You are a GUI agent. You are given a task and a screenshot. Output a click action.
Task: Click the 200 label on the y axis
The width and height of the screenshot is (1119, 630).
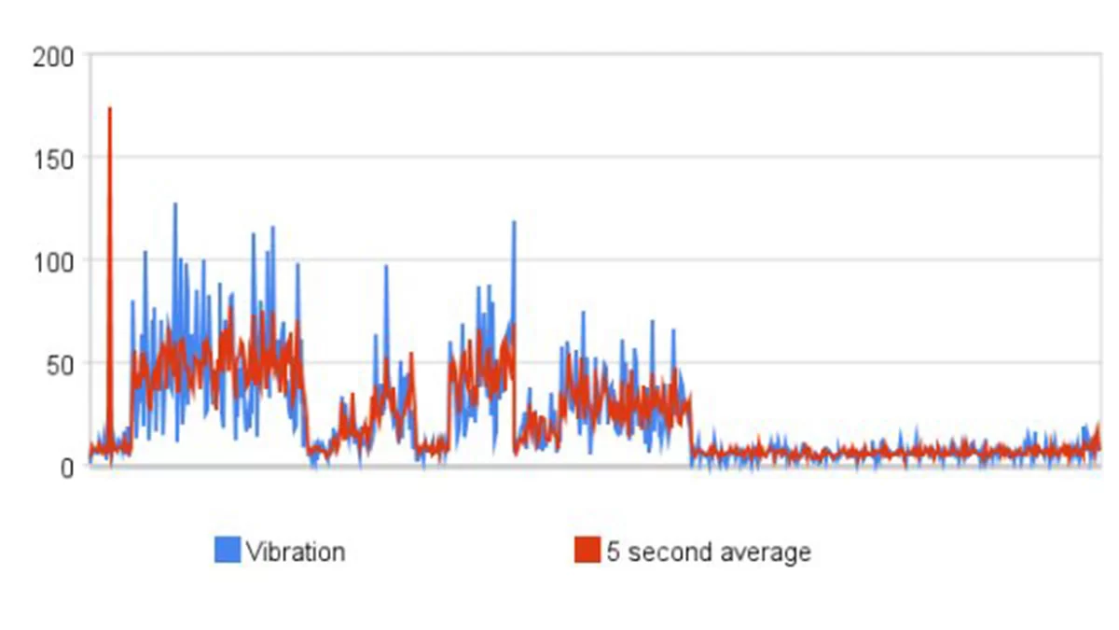(52, 56)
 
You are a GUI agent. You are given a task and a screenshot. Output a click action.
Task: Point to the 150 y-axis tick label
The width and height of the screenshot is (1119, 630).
(52, 158)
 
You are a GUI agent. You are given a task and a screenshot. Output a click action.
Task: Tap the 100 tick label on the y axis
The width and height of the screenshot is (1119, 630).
(52, 260)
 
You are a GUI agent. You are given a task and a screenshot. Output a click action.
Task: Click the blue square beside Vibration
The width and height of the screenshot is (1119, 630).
(228, 551)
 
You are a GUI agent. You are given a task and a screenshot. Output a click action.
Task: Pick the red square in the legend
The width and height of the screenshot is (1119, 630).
(587, 551)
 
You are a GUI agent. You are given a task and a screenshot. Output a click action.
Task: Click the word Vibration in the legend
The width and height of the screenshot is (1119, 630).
(296, 552)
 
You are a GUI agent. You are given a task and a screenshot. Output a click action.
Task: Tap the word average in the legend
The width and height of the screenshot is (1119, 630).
(764, 552)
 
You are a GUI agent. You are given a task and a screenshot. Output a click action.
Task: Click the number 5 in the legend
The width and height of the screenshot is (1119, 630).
(613, 552)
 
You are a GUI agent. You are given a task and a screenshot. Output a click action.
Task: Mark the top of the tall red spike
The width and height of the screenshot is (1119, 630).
(109, 108)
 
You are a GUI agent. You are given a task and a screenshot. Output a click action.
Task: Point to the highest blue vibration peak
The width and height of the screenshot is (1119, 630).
(174, 204)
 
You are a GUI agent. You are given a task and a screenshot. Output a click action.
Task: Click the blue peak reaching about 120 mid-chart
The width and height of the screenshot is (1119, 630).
(514, 222)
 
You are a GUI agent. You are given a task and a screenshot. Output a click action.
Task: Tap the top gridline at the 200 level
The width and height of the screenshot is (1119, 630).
(597, 54)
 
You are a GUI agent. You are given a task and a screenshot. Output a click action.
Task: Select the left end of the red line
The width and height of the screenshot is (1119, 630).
(90, 452)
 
